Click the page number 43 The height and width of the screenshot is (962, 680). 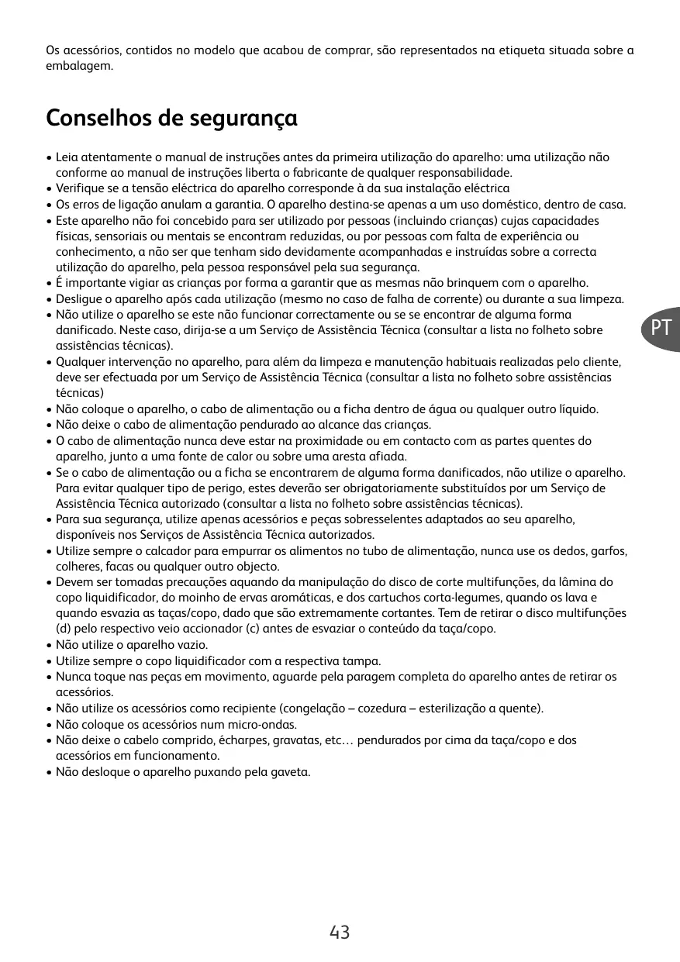tap(340, 933)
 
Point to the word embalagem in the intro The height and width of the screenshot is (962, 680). tap(78, 66)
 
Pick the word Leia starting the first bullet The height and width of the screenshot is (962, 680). tap(67, 157)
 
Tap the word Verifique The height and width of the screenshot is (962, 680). tap(81, 188)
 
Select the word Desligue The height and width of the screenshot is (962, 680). tap(80, 298)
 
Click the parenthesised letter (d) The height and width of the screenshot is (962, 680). tap(64, 628)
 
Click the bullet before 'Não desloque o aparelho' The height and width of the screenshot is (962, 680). tap(49, 772)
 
